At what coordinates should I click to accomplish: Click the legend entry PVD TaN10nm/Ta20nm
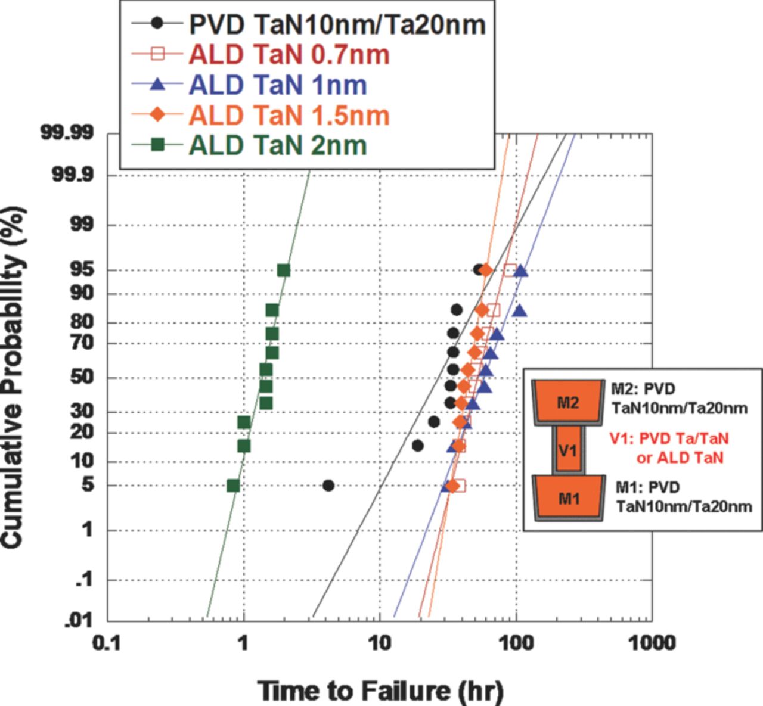coord(337,24)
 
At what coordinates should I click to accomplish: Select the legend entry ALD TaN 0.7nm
coord(289,55)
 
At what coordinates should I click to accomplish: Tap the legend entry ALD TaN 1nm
coord(278,85)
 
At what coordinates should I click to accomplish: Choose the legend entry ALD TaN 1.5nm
coord(289,116)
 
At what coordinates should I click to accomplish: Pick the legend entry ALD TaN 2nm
coord(278,146)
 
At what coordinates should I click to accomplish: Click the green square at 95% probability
coord(284,270)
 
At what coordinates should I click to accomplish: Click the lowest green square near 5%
coord(233,486)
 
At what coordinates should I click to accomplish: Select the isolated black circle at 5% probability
coord(328,486)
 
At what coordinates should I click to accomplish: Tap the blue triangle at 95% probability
coord(521,271)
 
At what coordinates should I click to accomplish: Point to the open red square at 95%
coord(510,270)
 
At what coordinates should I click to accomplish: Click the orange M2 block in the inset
coord(567,402)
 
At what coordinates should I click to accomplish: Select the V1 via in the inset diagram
coord(567,450)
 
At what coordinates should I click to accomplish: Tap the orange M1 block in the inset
coord(569,497)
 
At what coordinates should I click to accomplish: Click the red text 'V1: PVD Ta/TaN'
coord(669,439)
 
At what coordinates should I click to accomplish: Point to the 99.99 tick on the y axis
coord(67,132)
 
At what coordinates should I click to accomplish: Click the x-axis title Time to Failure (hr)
coord(380,691)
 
